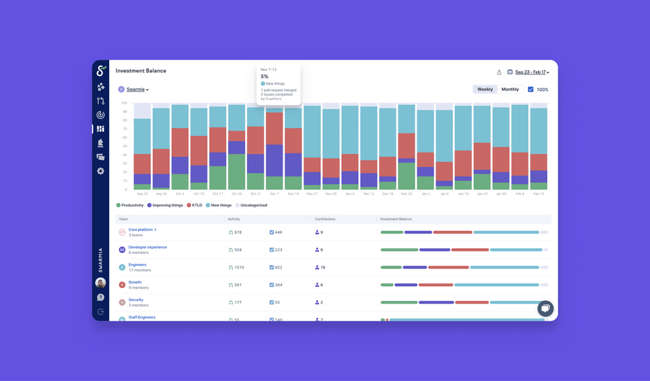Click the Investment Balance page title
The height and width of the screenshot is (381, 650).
point(141,71)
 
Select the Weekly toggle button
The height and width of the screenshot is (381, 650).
point(485,89)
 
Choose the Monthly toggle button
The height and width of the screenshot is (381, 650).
point(510,89)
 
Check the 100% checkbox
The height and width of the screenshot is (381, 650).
point(530,90)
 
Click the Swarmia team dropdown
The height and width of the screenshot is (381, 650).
point(137,90)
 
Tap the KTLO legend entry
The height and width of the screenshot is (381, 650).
point(195,205)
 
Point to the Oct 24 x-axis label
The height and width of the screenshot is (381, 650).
point(236,194)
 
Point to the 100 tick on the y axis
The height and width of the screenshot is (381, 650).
point(123,103)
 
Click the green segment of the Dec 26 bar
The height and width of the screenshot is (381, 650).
point(406,176)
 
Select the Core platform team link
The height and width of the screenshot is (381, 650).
point(141,230)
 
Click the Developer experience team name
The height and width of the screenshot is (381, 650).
point(148,247)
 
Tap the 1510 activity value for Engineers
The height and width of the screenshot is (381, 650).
point(239,267)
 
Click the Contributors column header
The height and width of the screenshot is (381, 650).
point(324,219)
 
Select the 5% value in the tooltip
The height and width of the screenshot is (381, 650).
point(265,77)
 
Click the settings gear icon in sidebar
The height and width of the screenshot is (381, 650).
point(101,171)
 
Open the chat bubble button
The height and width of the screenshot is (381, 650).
point(545,309)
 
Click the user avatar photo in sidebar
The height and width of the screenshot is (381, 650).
point(101,283)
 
